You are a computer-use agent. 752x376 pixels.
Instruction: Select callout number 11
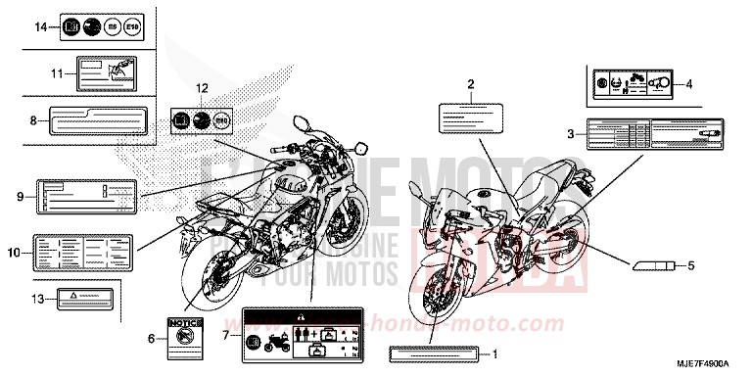pos(57,72)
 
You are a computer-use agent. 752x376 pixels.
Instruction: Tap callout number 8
pos(32,121)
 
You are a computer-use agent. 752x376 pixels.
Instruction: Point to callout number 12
pos(204,89)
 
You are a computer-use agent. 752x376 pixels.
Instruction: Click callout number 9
pos(20,197)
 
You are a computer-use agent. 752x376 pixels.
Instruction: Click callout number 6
pos(151,338)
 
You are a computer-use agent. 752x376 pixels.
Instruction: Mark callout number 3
pos(571,132)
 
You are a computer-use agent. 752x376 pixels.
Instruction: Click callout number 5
pos(689,265)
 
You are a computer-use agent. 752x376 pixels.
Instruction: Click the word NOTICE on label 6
pos(184,323)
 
